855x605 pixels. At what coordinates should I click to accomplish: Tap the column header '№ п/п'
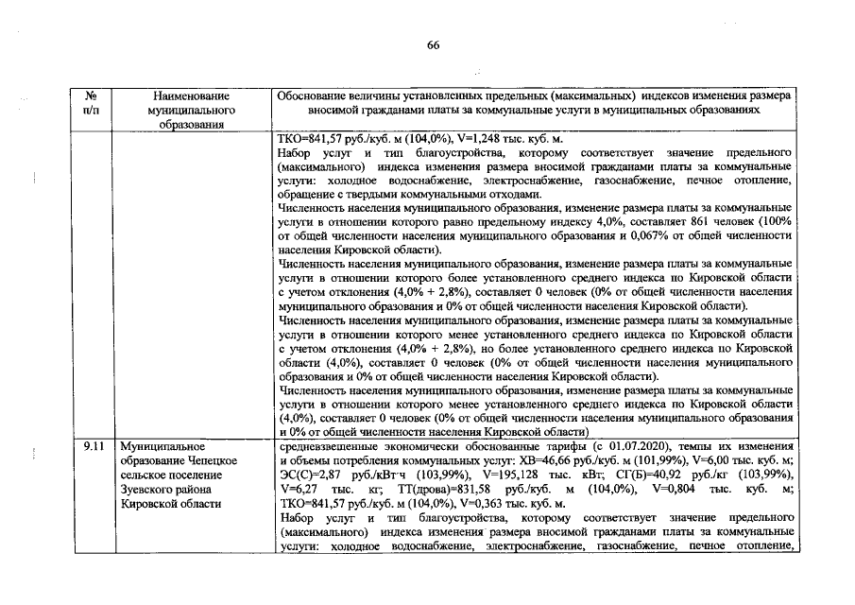(x=93, y=103)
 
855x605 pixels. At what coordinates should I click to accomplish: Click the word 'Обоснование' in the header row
(x=318, y=96)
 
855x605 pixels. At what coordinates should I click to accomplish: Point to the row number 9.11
(x=94, y=445)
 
